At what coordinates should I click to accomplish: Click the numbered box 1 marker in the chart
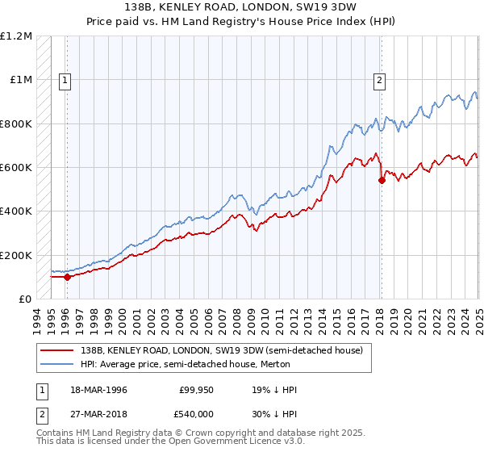[64, 80]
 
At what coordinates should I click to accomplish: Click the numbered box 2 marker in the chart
[379, 80]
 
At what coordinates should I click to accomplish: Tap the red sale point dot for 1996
[67, 277]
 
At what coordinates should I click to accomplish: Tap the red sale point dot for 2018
[382, 181]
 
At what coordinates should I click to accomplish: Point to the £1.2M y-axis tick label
[16, 36]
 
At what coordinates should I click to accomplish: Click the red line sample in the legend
[56, 351]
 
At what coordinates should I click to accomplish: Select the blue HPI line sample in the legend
[56, 364]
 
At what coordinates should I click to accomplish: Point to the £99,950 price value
[197, 390]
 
